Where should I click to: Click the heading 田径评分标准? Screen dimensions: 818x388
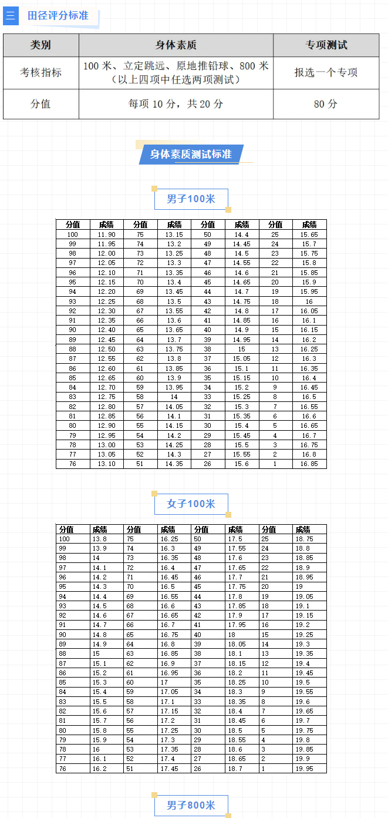click(58, 15)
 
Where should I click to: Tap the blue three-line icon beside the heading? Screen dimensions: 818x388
click(11, 15)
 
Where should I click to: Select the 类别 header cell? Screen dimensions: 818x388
click(41, 45)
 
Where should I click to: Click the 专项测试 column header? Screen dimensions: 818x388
click(326, 45)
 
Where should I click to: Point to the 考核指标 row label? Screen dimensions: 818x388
click(41, 73)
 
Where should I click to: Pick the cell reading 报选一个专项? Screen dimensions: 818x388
click(326, 73)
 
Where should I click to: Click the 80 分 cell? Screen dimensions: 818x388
click(326, 104)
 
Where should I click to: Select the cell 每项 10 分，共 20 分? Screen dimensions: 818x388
click(176, 104)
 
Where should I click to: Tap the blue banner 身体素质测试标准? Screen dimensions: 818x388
click(191, 155)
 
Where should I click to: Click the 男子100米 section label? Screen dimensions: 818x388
click(191, 199)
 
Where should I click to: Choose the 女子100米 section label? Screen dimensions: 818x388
click(191, 504)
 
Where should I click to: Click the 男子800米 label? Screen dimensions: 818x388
click(191, 805)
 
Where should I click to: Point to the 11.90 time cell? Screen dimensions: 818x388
click(106, 234)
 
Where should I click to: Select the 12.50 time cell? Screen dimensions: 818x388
click(106, 349)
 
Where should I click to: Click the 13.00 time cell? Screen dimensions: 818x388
click(106, 445)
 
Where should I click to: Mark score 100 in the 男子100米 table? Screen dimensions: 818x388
click(73, 234)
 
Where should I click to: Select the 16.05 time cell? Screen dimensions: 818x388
click(309, 311)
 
